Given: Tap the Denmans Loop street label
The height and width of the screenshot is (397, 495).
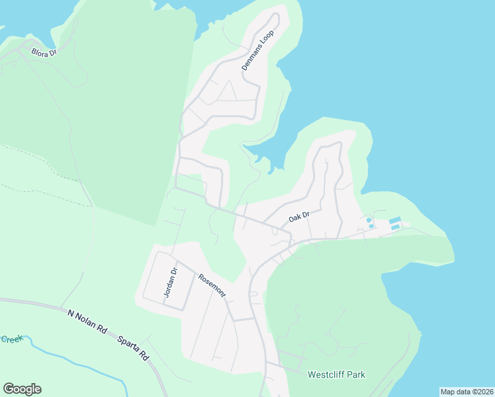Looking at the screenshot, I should point(257,50).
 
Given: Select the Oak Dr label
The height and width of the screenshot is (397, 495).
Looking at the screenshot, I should point(299,216).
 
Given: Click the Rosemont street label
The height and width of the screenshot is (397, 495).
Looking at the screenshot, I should point(212,285).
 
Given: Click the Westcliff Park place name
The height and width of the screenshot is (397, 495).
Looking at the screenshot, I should point(336,375).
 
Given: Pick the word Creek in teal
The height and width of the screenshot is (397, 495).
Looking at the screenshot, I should point(11,339).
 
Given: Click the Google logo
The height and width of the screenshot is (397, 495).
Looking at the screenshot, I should point(22,389).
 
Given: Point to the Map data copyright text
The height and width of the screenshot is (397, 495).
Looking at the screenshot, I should point(467,392).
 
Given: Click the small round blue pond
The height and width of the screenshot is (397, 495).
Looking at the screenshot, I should point(369,220).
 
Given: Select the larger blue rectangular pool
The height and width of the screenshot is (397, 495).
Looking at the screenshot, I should point(395,220).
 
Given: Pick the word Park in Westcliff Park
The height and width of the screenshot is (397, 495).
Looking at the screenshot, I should point(355,375).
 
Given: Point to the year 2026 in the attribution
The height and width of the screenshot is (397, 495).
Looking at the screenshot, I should point(482,392).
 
